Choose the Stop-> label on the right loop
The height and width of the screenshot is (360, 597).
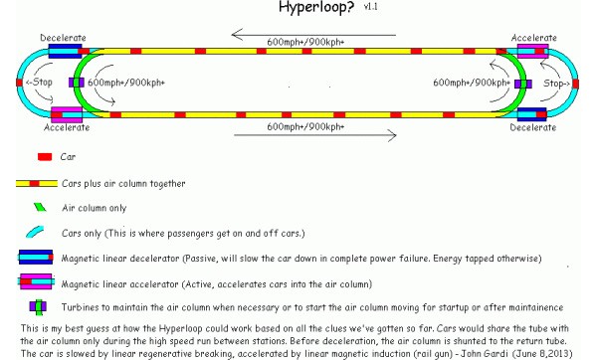[558, 84]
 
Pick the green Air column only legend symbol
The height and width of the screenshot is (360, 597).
[41, 207]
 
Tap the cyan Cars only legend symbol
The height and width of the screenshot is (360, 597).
[41, 231]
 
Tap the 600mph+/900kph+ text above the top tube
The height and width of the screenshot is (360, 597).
[305, 41]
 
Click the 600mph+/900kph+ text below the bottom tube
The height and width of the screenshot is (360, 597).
[305, 126]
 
